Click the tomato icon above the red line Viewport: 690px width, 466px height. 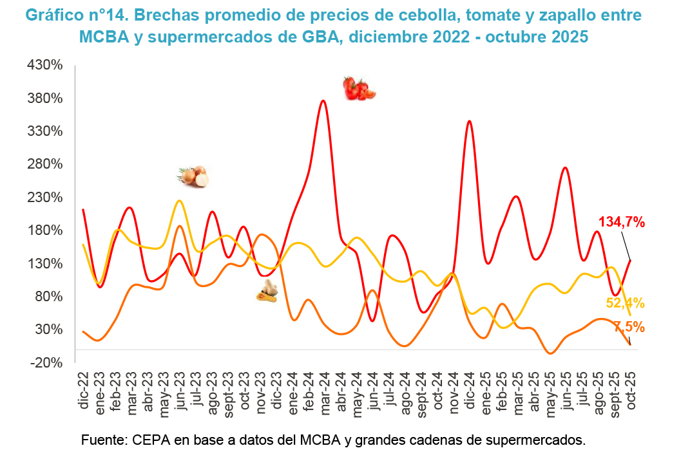point(359,88)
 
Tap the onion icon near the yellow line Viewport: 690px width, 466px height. point(194,176)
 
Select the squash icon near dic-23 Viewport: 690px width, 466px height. point(267,292)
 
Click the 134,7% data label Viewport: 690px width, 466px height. point(622,223)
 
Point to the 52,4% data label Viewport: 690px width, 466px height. point(626,304)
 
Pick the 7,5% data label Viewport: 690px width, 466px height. point(629,326)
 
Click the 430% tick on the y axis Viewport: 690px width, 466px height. point(44,65)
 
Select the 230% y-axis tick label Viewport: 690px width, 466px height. point(44,197)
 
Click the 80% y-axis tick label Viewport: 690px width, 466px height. point(48,296)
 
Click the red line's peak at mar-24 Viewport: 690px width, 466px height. point(323,100)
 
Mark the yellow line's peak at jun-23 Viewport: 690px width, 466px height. point(179,201)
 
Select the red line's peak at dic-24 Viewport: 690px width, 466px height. point(469,121)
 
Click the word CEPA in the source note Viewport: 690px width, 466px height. point(151,441)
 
